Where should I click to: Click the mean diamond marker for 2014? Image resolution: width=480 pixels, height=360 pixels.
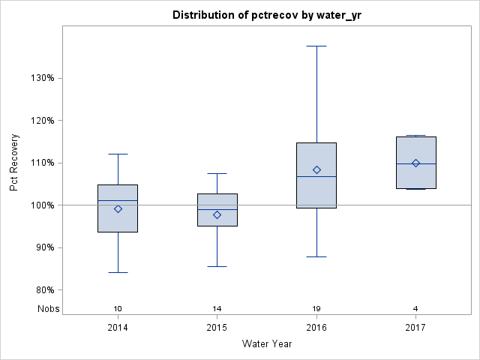click(118, 209)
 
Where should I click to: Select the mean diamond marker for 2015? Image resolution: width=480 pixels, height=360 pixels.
click(217, 215)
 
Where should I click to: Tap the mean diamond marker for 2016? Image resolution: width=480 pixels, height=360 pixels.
click(316, 170)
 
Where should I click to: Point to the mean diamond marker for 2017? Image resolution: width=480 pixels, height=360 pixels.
click(415, 163)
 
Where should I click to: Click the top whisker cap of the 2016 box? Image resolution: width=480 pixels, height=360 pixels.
click(316, 46)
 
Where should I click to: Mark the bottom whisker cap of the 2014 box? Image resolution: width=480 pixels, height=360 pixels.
click(118, 272)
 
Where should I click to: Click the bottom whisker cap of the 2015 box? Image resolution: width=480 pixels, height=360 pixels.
click(217, 266)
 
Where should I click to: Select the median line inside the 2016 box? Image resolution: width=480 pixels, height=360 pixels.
click(316, 176)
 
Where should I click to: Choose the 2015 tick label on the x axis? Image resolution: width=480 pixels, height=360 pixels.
click(217, 328)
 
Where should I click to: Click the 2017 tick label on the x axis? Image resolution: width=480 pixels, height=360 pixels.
click(415, 328)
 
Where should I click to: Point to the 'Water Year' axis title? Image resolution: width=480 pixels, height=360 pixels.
click(267, 344)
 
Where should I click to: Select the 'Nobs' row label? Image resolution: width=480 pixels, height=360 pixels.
click(48, 309)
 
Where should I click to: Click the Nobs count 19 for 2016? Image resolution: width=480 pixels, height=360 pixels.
click(316, 309)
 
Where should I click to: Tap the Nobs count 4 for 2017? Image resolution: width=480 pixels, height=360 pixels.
click(415, 309)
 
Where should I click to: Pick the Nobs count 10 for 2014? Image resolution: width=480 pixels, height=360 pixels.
click(118, 309)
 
